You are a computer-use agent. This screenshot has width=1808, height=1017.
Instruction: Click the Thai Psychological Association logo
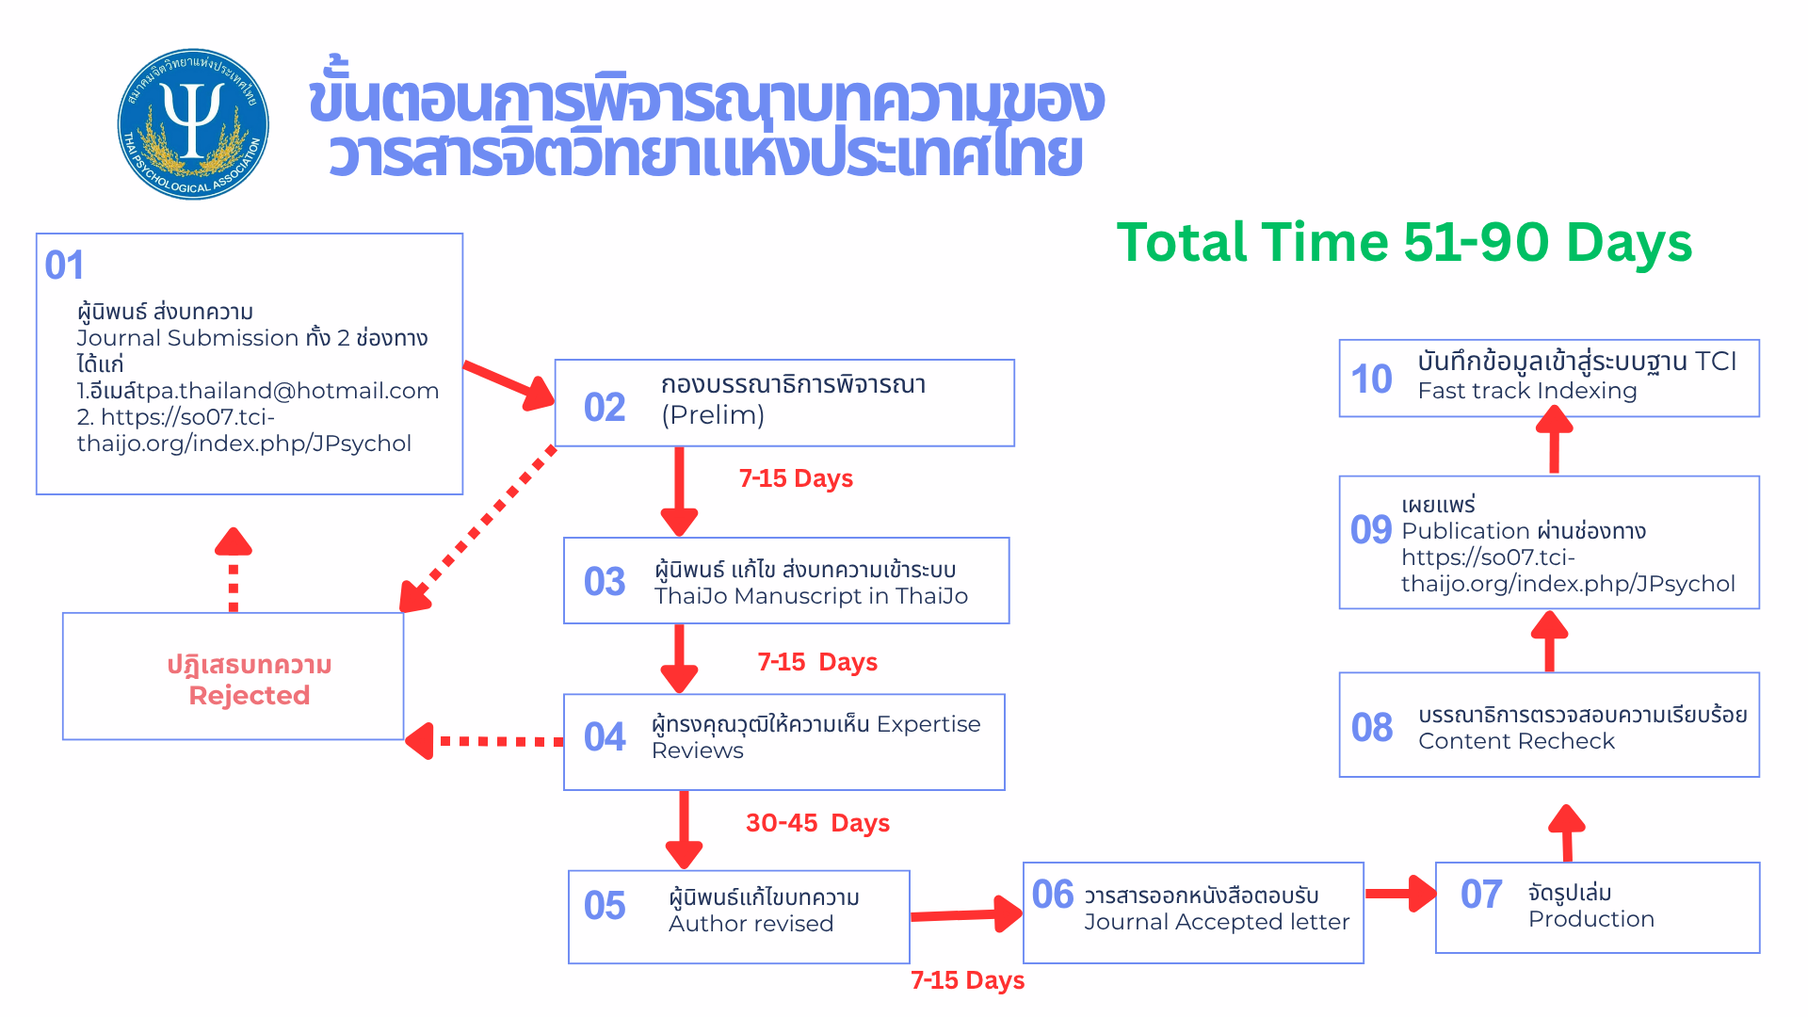coord(193,124)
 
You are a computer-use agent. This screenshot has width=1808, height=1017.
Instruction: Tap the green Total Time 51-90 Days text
coord(1403,243)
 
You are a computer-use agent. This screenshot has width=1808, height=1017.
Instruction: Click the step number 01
coord(64,266)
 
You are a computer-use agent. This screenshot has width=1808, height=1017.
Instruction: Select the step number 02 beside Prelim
coord(604,408)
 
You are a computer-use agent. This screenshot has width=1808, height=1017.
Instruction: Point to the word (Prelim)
coord(713,415)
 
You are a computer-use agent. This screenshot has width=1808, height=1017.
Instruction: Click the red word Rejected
coord(250,696)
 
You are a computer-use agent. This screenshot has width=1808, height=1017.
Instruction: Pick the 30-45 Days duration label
coord(817,823)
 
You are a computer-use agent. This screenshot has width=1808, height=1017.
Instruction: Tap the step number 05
coord(604,906)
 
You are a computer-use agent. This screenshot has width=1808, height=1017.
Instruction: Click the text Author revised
coord(751,924)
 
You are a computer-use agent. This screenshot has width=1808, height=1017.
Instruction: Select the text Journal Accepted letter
coord(1217,922)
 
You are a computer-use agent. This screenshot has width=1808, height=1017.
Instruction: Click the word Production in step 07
coord(1590,919)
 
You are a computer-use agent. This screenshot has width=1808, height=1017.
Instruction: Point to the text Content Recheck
coord(1516,741)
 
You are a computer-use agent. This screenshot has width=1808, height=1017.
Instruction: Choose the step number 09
coord(1370,530)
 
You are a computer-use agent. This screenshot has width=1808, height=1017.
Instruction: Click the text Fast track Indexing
coord(1527,391)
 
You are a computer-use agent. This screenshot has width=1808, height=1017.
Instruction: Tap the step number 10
coord(1371,379)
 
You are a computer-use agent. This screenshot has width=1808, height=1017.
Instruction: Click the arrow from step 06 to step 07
coord(1400,894)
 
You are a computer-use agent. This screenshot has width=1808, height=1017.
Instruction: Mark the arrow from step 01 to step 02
coord(508,383)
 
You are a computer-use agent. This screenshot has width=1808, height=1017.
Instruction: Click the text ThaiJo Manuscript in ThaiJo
coord(811,596)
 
